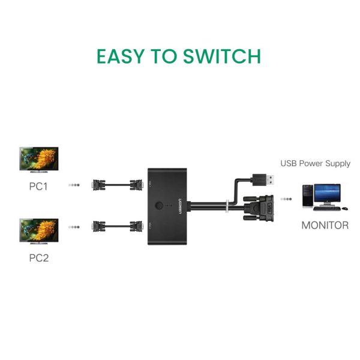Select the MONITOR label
click(325, 226)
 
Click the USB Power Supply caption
click(316, 164)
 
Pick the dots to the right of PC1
click(74, 185)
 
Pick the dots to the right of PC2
click(74, 227)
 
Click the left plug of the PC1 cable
click(97, 185)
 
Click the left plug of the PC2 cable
click(97, 227)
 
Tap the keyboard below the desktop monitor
click(332, 209)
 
